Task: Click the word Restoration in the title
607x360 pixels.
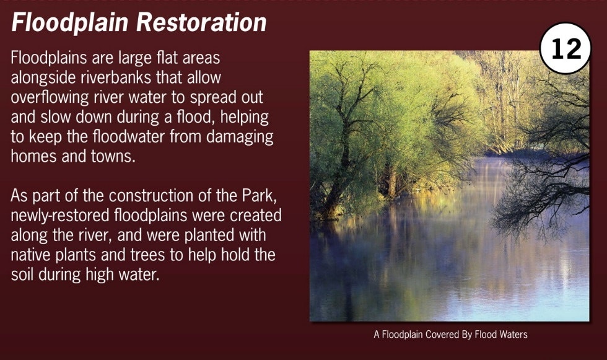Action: (x=201, y=22)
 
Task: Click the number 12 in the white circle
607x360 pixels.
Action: (x=566, y=48)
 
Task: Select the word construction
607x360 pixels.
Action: (x=151, y=196)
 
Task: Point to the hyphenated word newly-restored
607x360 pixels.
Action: (x=60, y=216)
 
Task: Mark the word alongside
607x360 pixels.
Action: (x=43, y=78)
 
